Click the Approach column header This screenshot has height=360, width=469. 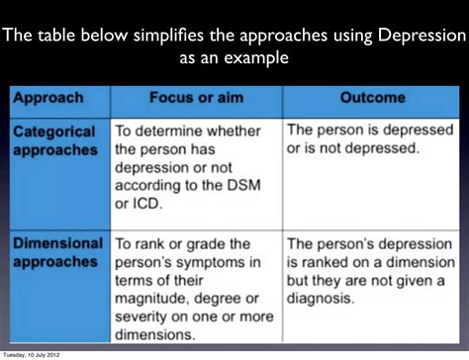[47, 99]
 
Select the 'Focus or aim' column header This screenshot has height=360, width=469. [195, 99]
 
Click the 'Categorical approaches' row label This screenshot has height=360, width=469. [55, 140]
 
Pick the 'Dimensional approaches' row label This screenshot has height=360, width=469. [58, 253]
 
